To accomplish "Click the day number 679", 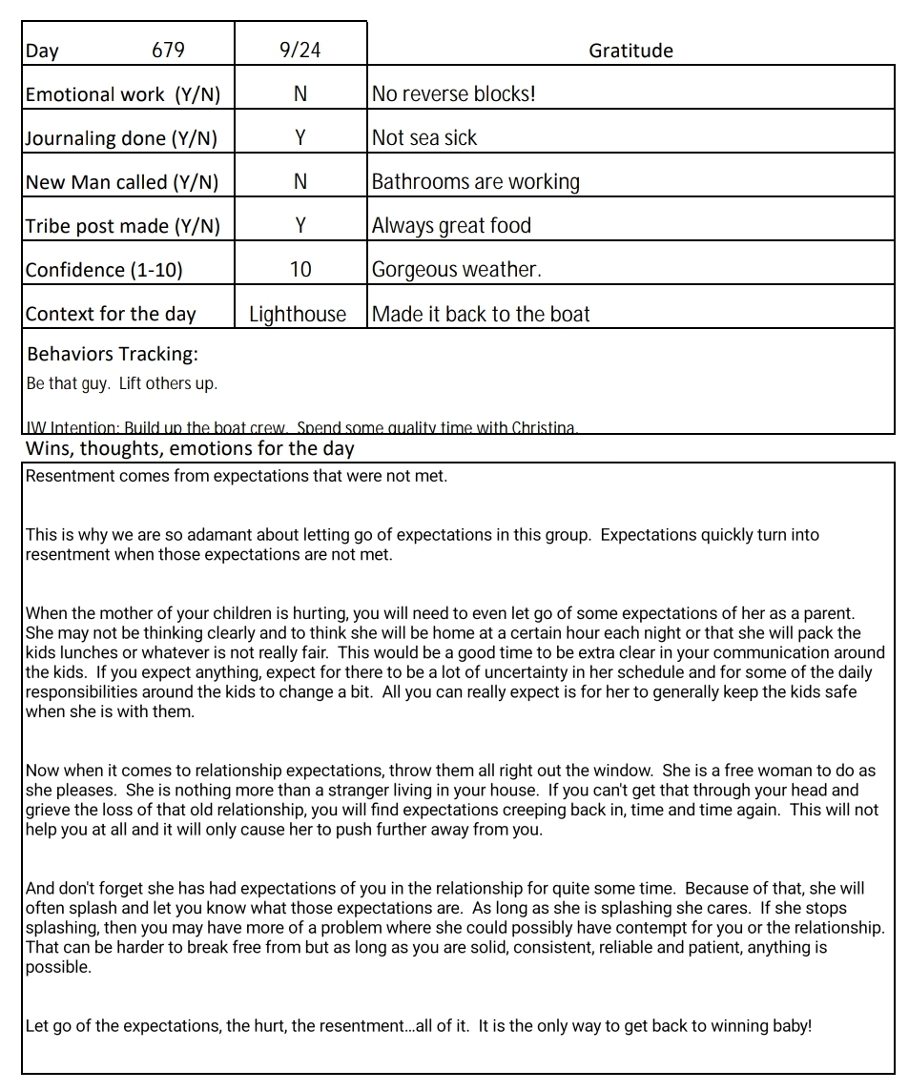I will [x=168, y=50].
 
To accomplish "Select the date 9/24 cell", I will [x=300, y=50].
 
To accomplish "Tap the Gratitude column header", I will [x=630, y=51].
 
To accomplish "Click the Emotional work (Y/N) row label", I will [x=122, y=94].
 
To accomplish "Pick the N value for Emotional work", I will [x=300, y=94].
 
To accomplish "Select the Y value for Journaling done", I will [x=300, y=138].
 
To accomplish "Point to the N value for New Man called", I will [x=300, y=182].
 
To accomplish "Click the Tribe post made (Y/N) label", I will [x=122, y=226].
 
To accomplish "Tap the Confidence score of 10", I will [x=300, y=270].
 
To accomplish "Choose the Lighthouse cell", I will [x=298, y=314].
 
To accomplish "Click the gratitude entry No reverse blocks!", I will [x=454, y=94].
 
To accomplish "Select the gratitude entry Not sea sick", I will [x=424, y=138].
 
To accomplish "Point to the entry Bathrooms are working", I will [x=475, y=182].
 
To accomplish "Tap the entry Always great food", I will [x=451, y=226].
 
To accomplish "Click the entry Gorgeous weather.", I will [x=456, y=270].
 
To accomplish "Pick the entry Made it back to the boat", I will [x=481, y=314].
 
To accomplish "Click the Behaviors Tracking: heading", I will [x=113, y=354].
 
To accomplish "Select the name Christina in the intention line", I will [x=543, y=428].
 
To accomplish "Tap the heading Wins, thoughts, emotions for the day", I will [x=190, y=448].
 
